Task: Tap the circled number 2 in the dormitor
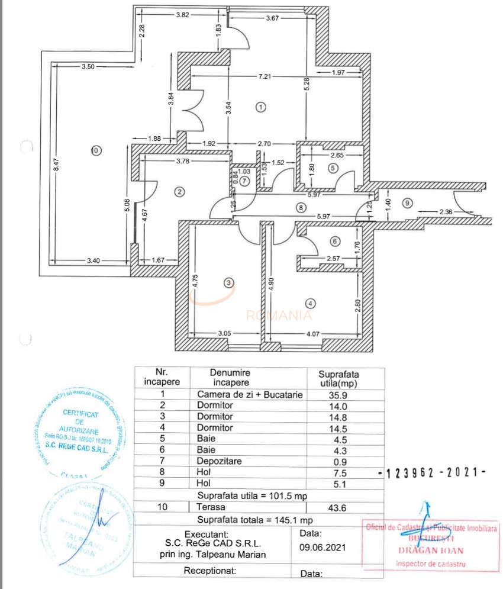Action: coord(180,191)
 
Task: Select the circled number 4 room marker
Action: coord(312,304)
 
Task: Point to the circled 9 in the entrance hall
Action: coord(406,203)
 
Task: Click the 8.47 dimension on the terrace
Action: coord(57,167)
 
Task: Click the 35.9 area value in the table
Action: coord(340,395)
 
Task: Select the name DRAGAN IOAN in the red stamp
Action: coord(431,550)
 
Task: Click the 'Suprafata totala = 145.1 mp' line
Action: coord(255,520)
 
